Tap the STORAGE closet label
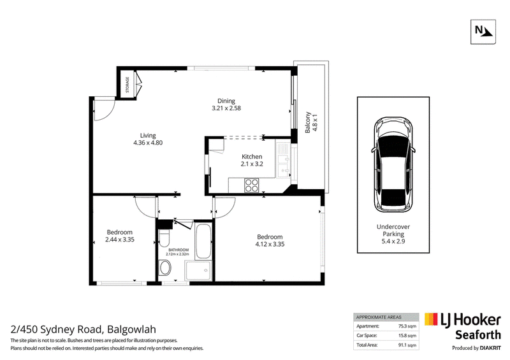click(x=127, y=85)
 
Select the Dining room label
click(x=226, y=101)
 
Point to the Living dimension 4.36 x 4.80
click(x=148, y=143)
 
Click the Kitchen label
click(x=252, y=156)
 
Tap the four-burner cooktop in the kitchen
click(x=251, y=185)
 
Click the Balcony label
click(x=308, y=122)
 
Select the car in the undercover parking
click(x=393, y=164)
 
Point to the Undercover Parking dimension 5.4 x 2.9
click(x=393, y=241)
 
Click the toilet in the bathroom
click(x=164, y=239)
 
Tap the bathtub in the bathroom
click(x=204, y=241)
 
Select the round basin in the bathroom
click(x=166, y=268)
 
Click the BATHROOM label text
click(x=178, y=250)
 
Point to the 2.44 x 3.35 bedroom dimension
click(x=120, y=240)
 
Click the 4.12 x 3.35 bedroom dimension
click(x=270, y=244)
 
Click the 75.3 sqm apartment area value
click(x=407, y=326)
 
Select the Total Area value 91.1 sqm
click(x=407, y=345)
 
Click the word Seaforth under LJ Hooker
click(x=477, y=335)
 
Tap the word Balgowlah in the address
click(x=132, y=329)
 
